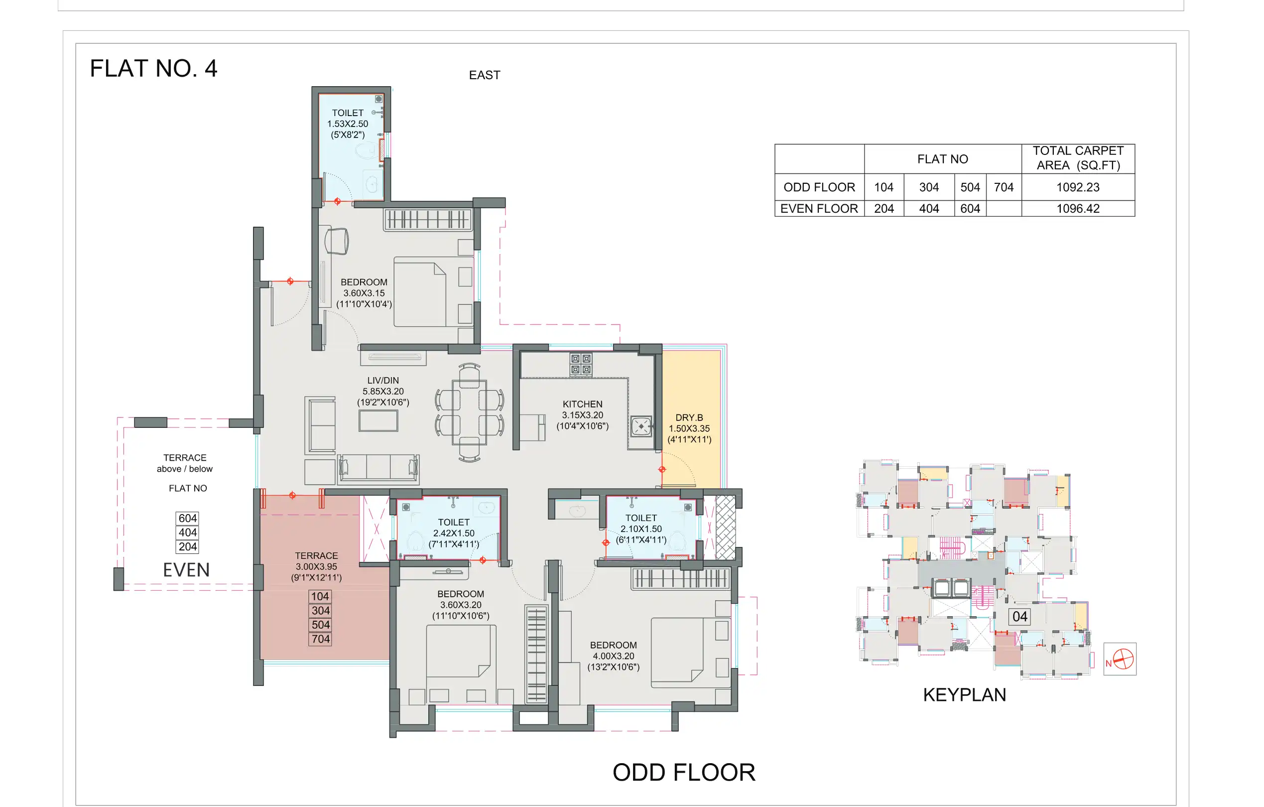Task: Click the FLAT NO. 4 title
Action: click(153, 68)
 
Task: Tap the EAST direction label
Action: click(484, 75)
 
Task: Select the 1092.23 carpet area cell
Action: click(1077, 187)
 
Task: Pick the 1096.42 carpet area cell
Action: click(1077, 208)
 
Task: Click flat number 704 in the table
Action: click(1003, 187)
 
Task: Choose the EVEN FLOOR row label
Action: click(818, 208)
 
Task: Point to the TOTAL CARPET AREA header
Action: click(1078, 158)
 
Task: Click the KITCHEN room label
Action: click(582, 404)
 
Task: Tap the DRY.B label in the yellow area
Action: click(689, 417)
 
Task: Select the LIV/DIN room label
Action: click(382, 380)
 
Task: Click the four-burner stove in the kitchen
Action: click(581, 364)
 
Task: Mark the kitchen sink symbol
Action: click(641, 426)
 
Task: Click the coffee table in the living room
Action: click(378, 420)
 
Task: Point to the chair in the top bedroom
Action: click(337, 241)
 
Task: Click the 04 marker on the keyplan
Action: click(1019, 616)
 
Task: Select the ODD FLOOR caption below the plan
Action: click(683, 772)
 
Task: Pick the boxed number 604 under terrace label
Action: click(187, 518)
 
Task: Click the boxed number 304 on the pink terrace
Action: click(320, 610)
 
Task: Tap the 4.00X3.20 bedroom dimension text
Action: click(613, 656)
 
